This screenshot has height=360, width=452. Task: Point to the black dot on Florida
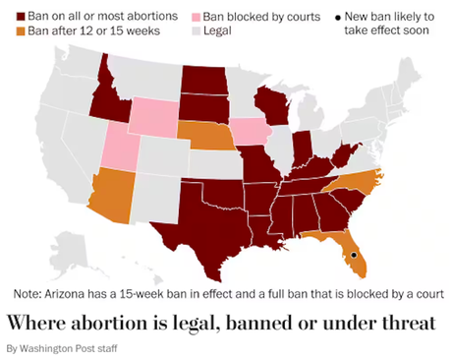pos(353,256)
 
